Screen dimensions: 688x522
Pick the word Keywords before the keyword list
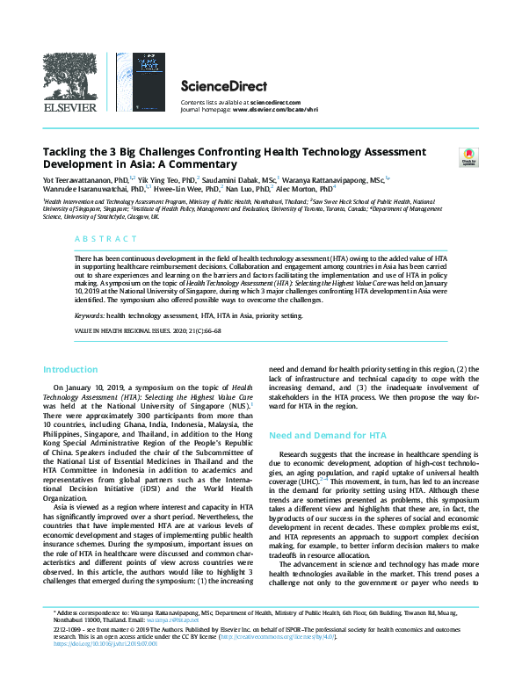tap(89, 313)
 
